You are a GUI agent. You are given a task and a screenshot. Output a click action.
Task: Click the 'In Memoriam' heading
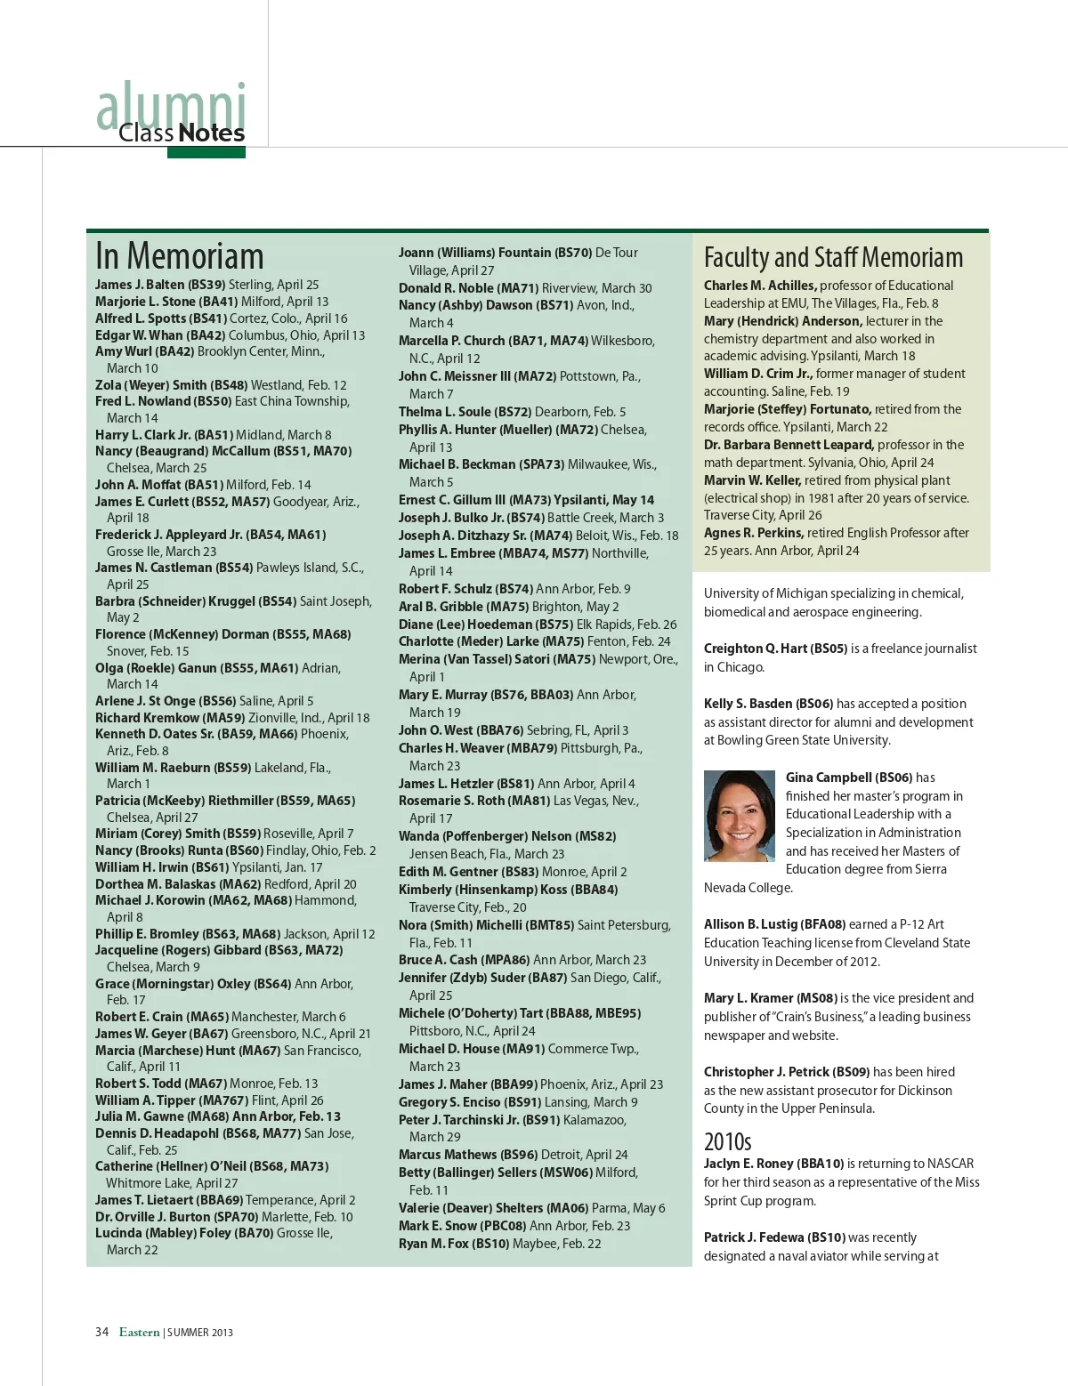[x=179, y=256]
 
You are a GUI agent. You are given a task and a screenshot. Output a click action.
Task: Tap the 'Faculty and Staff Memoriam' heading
[x=833, y=258]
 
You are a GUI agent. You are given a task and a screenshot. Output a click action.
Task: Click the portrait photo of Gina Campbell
[x=739, y=816]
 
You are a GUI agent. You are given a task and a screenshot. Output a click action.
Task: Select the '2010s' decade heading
[x=727, y=1141]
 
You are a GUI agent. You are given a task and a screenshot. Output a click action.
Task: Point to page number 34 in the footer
[x=101, y=1332]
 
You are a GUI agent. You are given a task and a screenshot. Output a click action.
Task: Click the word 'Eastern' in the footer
[x=139, y=1332]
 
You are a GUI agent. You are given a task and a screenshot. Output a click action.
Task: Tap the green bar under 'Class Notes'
[x=206, y=152]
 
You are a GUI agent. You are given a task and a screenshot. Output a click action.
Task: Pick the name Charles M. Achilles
[x=759, y=286]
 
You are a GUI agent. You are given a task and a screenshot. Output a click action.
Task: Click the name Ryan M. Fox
[x=433, y=1244]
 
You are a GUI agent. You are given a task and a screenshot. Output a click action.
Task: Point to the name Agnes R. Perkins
[x=753, y=533]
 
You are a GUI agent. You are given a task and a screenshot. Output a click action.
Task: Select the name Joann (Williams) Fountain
[x=474, y=253]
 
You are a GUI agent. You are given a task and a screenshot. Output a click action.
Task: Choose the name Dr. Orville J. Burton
[x=152, y=1217]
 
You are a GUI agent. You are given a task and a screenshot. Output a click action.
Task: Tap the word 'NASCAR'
[x=951, y=1164]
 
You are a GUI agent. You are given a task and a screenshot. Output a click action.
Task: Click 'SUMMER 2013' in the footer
[x=200, y=1333]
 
